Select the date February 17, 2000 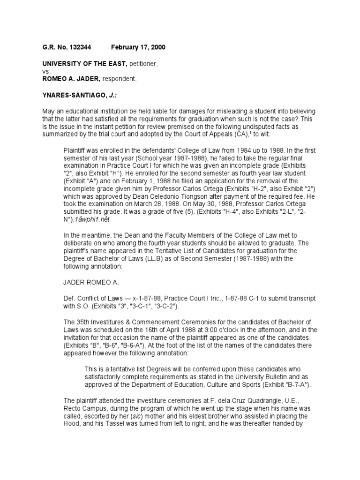pos(138,48)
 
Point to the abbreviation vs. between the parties pos(46,71)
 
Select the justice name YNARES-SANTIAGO pos(70,94)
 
